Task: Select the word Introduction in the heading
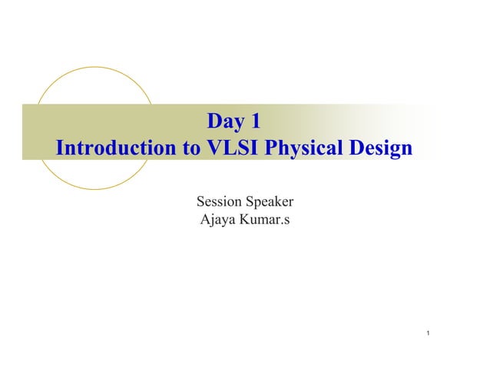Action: point(115,148)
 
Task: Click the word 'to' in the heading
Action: point(186,148)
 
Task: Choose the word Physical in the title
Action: point(302,148)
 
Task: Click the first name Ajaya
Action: point(219,222)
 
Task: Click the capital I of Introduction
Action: point(60,148)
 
